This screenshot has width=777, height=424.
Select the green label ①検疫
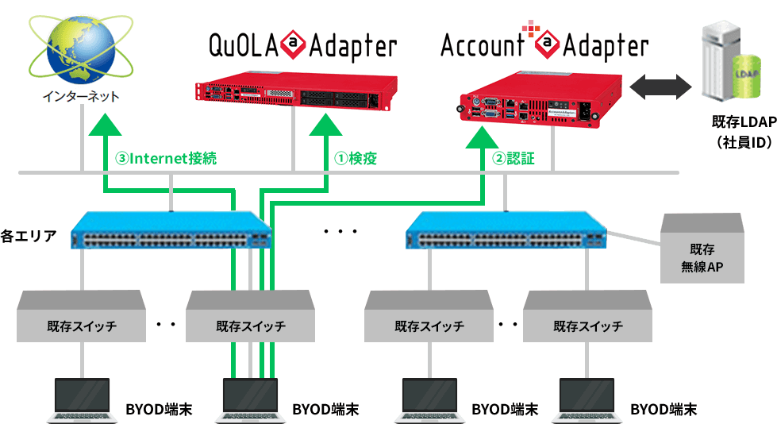[x=354, y=158]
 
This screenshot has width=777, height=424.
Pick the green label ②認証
[x=514, y=158]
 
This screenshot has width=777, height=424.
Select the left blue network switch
[x=171, y=229]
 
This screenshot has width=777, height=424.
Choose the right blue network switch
[x=506, y=229]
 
